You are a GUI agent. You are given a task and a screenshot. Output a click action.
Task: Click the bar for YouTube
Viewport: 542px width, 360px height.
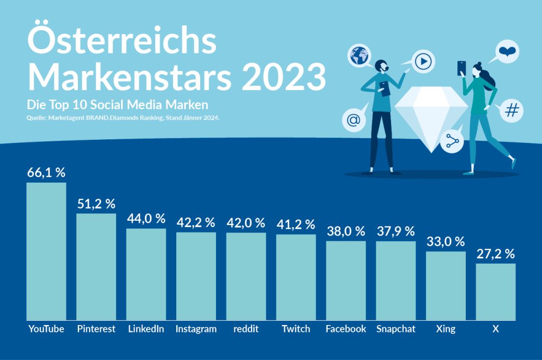[46, 251]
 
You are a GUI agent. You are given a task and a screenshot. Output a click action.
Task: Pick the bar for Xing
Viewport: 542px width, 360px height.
[446, 285]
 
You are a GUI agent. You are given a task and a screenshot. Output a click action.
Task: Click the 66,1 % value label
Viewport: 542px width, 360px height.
[46, 173]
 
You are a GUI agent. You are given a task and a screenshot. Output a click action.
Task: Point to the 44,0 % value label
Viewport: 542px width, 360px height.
[146, 218]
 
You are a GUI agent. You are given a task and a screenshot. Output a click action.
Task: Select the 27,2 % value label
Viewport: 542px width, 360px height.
[495, 254]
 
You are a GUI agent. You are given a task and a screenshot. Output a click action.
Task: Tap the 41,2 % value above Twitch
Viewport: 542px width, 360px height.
[296, 224]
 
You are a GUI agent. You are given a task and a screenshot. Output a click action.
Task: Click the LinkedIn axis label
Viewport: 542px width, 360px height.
[146, 329]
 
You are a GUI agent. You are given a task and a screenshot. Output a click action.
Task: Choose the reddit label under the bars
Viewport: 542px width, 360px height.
[246, 329]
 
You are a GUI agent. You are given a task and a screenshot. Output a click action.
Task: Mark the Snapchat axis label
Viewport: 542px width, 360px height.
[396, 329]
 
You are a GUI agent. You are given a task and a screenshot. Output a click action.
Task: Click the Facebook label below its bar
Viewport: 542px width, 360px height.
[346, 329]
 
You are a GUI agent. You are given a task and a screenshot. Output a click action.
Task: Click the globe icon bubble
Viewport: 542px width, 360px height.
[359, 56]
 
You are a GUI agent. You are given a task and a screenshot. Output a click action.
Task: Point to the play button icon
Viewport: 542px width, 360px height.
[423, 62]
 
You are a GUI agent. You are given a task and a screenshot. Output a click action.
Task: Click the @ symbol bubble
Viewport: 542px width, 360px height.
[353, 121]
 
